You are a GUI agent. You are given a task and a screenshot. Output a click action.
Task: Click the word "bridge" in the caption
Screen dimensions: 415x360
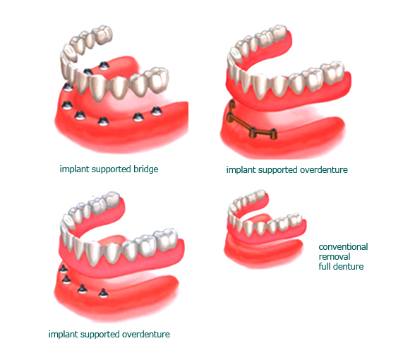pyautogui.click(x=145, y=169)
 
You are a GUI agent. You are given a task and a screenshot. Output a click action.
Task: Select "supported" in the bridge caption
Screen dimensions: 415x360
pyautogui.click(x=111, y=169)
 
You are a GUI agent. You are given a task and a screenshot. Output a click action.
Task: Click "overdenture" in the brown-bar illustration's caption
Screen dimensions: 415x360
pyautogui.click(x=324, y=169)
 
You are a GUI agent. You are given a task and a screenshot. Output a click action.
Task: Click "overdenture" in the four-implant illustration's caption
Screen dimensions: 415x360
pyautogui.click(x=146, y=335)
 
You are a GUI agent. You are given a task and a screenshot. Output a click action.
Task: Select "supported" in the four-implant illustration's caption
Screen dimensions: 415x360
pyautogui.click(x=100, y=335)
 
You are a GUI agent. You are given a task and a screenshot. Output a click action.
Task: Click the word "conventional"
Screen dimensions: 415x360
pyautogui.click(x=343, y=247)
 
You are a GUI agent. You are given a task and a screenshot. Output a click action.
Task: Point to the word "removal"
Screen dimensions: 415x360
pyautogui.click(x=335, y=256)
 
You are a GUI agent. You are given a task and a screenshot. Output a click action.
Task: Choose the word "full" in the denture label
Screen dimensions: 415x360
pyautogui.click(x=325, y=266)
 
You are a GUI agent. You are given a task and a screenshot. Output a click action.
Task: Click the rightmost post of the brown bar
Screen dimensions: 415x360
pyautogui.click(x=274, y=134)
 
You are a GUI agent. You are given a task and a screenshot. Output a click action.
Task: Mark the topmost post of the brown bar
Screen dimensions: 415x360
pyautogui.click(x=232, y=104)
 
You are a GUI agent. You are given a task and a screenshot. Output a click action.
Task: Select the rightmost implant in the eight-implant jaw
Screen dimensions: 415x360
pyautogui.click(x=157, y=111)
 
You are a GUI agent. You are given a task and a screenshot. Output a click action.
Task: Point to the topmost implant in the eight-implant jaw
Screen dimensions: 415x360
pyautogui.click(x=104, y=66)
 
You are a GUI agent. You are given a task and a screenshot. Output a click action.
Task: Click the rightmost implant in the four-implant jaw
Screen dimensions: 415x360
pyautogui.click(x=103, y=293)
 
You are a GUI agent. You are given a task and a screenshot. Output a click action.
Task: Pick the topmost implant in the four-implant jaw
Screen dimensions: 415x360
pyautogui.click(x=63, y=269)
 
